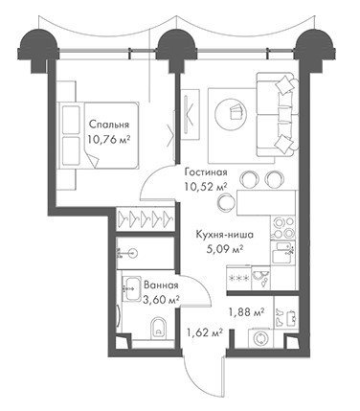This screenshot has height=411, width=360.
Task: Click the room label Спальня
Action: (x=109, y=125)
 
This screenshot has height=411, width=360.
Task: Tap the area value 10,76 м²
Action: (x=109, y=139)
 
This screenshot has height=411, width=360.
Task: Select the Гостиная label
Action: (x=206, y=172)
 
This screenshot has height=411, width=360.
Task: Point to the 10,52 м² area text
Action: (x=206, y=187)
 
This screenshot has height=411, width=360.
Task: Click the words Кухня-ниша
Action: (x=225, y=235)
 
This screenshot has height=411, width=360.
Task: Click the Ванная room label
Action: (x=161, y=285)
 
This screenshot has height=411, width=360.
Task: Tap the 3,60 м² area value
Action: (x=161, y=300)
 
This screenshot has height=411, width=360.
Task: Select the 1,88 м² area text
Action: (x=245, y=312)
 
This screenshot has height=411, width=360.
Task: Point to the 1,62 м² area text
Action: (x=204, y=333)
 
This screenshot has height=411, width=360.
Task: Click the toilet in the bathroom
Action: (x=159, y=327)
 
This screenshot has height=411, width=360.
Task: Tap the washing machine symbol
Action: (x=260, y=338)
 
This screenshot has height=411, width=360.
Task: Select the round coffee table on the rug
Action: (x=231, y=112)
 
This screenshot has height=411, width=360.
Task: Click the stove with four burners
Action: (x=283, y=227)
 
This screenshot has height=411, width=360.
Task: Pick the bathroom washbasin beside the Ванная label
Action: (x=132, y=288)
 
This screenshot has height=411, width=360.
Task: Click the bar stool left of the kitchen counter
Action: (x=226, y=201)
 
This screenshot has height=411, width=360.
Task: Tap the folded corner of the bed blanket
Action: (x=92, y=160)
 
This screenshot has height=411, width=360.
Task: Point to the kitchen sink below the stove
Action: (x=283, y=253)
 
